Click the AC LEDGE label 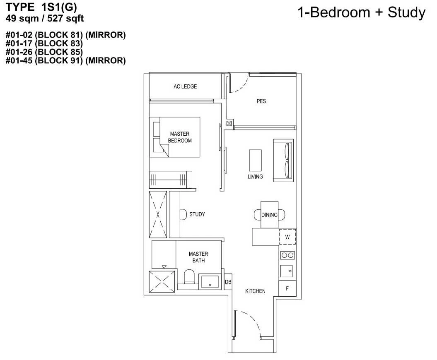[185, 86]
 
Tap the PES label [261, 101]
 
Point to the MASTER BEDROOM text [180, 137]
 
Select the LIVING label [255, 177]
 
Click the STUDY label [197, 214]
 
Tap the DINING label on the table [269, 215]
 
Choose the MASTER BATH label [198, 257]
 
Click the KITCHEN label [255, 291]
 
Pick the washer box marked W [287, 237]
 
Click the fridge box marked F [287, 288]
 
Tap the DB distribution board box [228, 282]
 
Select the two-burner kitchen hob [287, 255]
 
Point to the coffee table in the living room [255, 161]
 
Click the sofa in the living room [283, 161]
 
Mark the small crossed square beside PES [229, 123]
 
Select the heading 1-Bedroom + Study [362, 12]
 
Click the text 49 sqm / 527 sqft [45, 18]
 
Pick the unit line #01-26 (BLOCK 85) [44, 52]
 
